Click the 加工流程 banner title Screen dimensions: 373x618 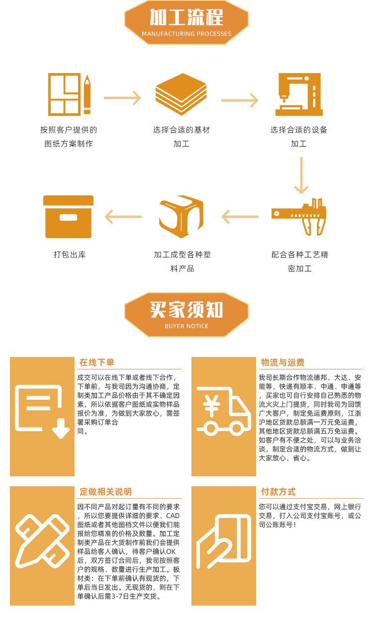(186, 17)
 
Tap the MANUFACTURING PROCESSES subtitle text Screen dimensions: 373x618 (186, 34)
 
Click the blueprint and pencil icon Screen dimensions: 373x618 (69, 94)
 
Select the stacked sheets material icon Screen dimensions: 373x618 (181, 94)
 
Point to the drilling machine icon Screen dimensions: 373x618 (299, 94)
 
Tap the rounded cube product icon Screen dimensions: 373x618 (181, 217)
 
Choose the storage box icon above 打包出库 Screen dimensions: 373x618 (68, 217)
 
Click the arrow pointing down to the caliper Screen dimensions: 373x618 (301, 176)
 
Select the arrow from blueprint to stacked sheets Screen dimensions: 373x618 (122, 98)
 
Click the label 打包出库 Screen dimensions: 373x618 (69, 255)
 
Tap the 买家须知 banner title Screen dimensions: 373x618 (186, 310)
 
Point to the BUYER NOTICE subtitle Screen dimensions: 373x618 (186, 326)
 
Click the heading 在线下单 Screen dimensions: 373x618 (96, 362)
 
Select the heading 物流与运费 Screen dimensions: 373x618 (282, 362)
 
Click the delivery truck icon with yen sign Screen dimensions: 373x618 (223, 410)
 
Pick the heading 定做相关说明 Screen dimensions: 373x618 (105, 492)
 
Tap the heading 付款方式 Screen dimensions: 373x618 (278, 492)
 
